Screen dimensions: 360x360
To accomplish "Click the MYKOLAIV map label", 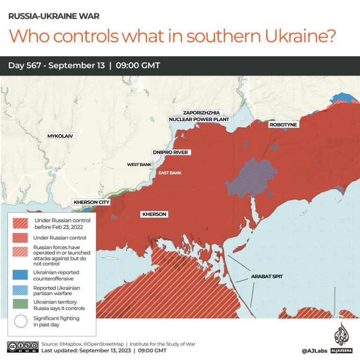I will (x=60, y=136).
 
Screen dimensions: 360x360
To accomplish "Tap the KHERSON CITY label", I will (x=91, y=202).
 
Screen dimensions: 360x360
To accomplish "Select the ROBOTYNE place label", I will (x=283, y=125).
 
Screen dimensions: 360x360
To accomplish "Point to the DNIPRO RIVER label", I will (x=170, y=152).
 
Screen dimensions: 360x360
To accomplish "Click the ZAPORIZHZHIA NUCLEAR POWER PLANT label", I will (x=199, y=116).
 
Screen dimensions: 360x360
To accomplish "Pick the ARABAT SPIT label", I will (x=266, y=276).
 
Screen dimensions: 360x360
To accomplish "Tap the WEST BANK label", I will (x=139, y=165).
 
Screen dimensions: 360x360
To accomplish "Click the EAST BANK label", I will (x=170, y=173).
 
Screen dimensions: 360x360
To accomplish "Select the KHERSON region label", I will (x=154, y=214).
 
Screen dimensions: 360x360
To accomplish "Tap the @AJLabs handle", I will (x=314, y=350).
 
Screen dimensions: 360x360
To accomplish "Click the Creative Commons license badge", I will (x=22, y=347).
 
